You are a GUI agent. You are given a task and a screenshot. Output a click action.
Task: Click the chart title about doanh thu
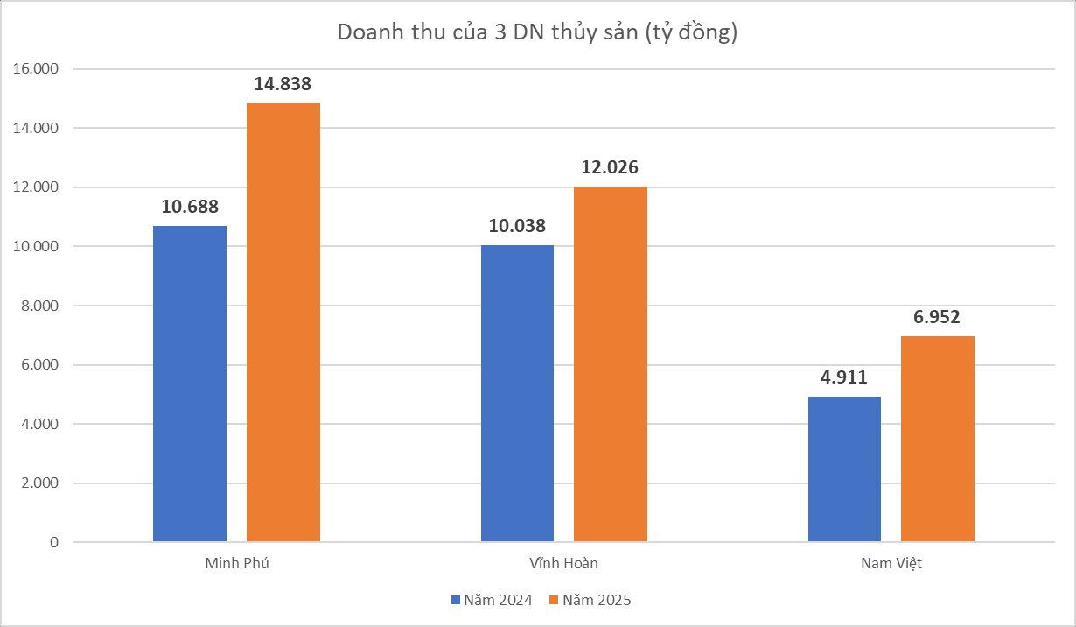pyautogui.click(x=538, y=33)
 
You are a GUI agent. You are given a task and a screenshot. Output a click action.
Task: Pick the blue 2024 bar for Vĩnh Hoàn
pyautogui.click(x=517, y=393)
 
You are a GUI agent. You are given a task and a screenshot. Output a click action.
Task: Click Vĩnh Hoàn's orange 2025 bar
pyautogui.click(x=611, y=364)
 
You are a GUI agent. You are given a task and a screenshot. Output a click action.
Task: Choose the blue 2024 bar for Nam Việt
pyautogui.click(x=844, y=469)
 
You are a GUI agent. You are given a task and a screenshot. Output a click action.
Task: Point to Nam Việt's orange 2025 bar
pyautogui.click(x=938, y=439)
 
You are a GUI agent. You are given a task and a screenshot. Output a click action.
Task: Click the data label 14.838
pyautogui.click(x=283, y=85)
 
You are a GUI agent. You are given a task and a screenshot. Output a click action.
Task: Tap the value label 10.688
pyautogui.click(x=190, y=208)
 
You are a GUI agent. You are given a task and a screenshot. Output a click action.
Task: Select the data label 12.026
pyautogui.click(x=611, y=168)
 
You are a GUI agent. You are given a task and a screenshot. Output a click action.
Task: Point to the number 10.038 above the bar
pyautogui.click(x=517, y=226)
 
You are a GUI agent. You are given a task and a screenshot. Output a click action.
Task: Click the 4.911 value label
pyautogui.click(x=844, y=378)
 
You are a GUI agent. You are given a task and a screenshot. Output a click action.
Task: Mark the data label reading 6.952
pyautogui.click(x=938, y=318)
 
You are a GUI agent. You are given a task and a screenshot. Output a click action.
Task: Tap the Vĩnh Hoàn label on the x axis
pyautogui.click(x=563, y=563)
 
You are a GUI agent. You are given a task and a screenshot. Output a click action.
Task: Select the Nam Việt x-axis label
pyautogui.click(x=891, y=563)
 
